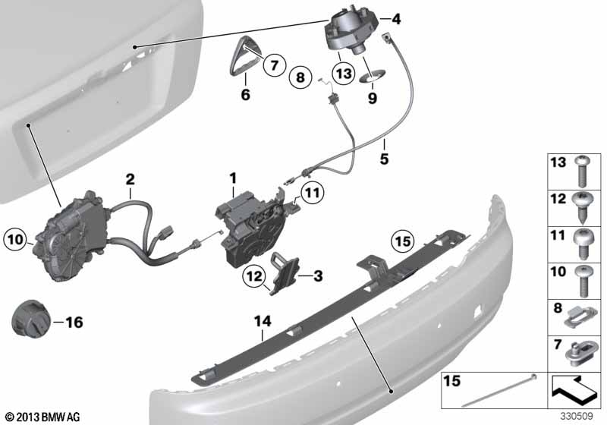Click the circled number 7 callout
(274, 65)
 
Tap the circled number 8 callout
(300, 77)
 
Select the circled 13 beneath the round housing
(344, 73)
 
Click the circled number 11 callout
(313, 192)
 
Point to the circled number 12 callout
(254, 276)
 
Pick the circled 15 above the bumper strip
(403, 241)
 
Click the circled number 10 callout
(15, 239)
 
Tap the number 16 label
(74, 322)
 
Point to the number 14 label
(263, 321)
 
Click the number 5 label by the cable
(384, 159)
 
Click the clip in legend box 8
(580, 316)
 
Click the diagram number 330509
(577, 416)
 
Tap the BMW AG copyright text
(43, 417)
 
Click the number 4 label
(395, 18)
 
